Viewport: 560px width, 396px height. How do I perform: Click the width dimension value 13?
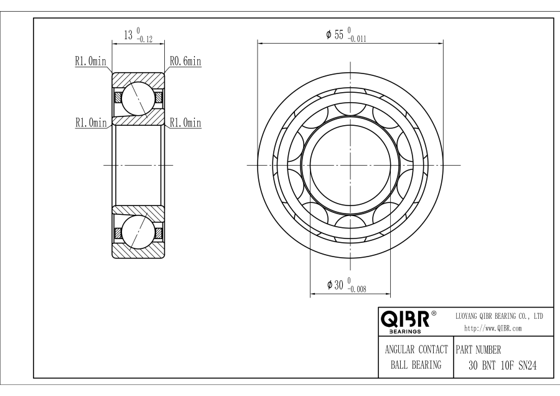[x=128, y=35]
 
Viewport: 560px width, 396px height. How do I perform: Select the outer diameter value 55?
[x=338, y=35]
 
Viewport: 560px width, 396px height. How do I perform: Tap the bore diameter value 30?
[x=338, y=285]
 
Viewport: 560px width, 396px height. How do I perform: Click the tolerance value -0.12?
[x=144, y=40]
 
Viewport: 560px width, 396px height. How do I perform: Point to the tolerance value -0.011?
[x=357, y=39]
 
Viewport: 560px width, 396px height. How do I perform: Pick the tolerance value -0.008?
[x=357, y=289]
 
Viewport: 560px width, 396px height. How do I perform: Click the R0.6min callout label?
[x=185, y=61]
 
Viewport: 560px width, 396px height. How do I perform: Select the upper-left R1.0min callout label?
[x=91, y=61]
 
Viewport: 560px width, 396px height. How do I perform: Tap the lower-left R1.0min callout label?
[x=91, y=123]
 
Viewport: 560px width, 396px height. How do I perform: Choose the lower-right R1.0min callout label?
[x=185, y=123]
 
